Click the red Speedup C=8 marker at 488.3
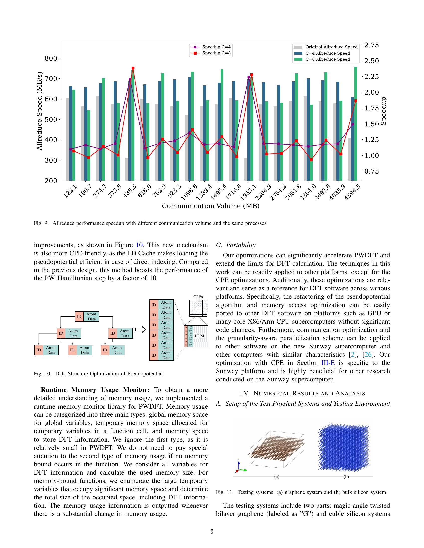pyautogui.click(x=133, y=68)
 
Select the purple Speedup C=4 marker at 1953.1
pyautogui.click(x=249, y=77)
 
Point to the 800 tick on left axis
pyautogui.click(x=51, y=58)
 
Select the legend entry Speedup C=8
pyautogui.click(x=216, y=53)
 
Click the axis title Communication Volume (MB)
pyautogui.click(x=211, y=206)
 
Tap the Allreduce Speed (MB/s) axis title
pyautogui.click(x=39, y=111)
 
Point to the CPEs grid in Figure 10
pyautogui.click(x=198, y=308)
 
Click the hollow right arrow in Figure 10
pyautogui.click(x=140, y=330)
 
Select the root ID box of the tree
pyautogui.click(x=79, y=316)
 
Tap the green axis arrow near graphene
pyautogui.click(x=244, y=470)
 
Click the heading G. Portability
pyautogui.click(x=236, y=245)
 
